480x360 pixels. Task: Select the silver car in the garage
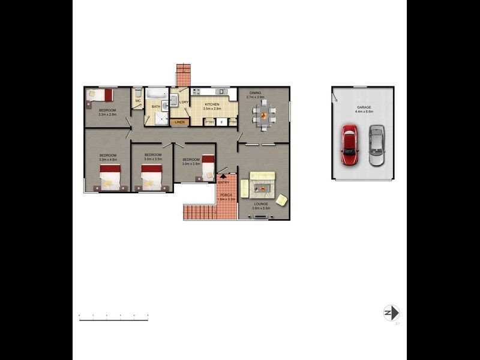coord(376,145)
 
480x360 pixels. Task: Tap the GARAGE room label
coord(364,107)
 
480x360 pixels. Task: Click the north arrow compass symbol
coord(391,313)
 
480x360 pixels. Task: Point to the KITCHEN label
coord(211,104)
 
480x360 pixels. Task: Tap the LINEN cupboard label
coord(179,122)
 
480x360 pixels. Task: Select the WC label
coord(137,101)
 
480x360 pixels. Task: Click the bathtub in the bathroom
coord(158,94)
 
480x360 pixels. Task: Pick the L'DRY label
coord(184,102)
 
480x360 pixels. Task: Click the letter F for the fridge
coord(221,122)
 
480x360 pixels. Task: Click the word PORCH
coord(226,195)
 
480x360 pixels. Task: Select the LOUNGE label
coord(261,204)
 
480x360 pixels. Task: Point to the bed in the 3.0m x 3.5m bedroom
coord(152,178)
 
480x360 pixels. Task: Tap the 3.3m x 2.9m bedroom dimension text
coord(107,114)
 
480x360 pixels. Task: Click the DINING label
coord(256,93)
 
